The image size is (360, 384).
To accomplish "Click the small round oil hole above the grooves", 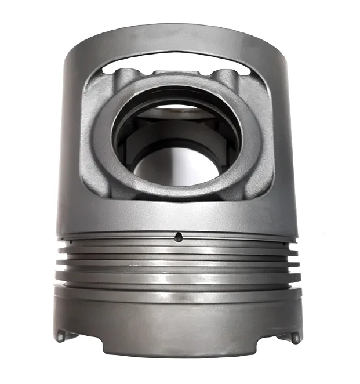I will pyautogui.click(x=179, y=236).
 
